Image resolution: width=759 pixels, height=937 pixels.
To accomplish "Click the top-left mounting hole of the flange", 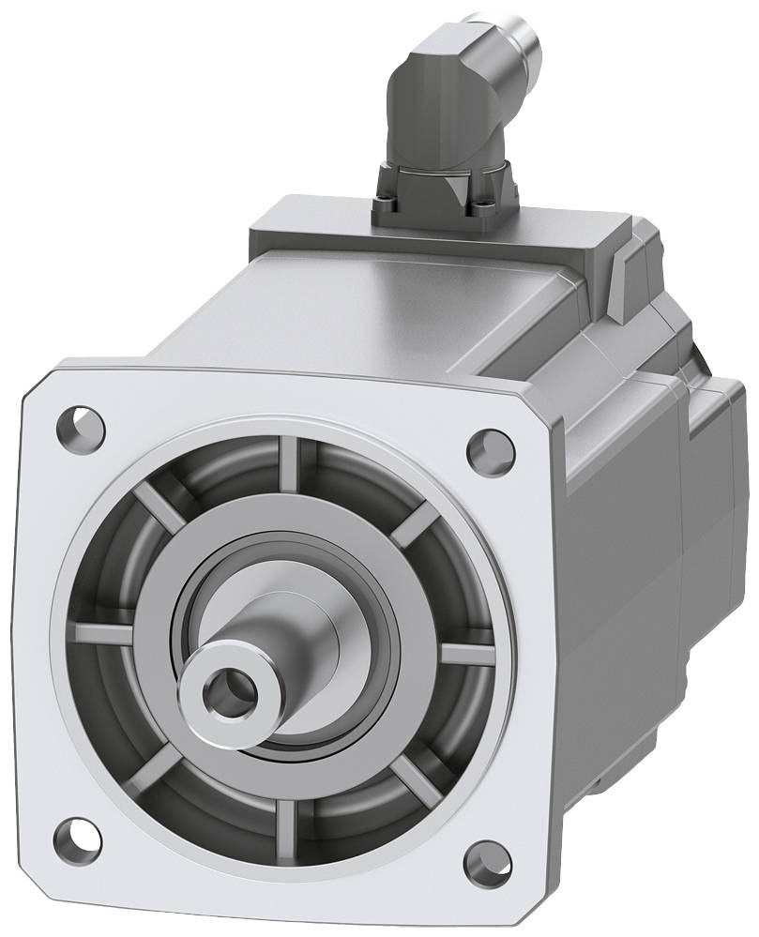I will (82, 421).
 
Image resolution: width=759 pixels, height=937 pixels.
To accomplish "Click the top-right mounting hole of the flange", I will (489, 443).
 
